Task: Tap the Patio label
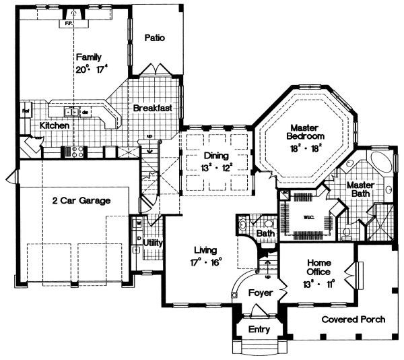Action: pos(154,38)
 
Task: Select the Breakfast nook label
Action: pos(152,108)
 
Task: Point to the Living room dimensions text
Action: pos(207,263)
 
